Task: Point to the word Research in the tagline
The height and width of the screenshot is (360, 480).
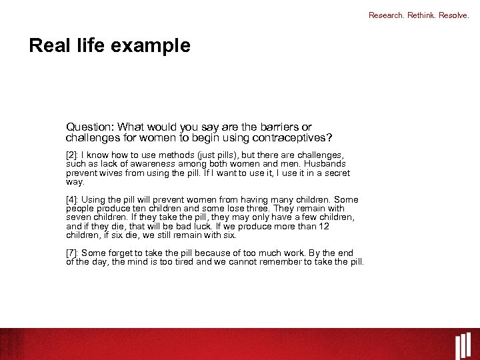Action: coord(385,15)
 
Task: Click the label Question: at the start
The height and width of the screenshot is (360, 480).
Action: coord(88,127)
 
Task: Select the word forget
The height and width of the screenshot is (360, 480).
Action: coord(121,253)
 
